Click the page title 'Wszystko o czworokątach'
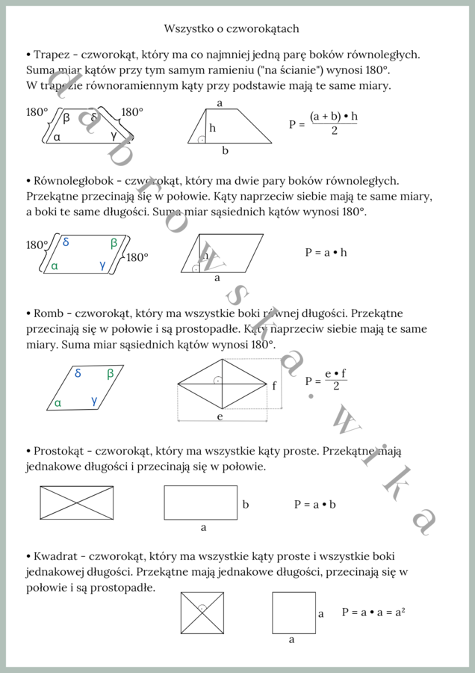click(x=232, y=28)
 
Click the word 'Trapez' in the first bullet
click(x=52, y=55)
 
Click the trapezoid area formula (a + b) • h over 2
click(x=333, y=123)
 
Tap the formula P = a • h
click(x=326, y=253)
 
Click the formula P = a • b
click(x=314, y=505)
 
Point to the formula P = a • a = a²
click(x=373, y=612)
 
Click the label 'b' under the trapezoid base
click(x=225, y=151)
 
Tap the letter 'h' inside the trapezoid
click(x=212, y=129)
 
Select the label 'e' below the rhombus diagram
click(x=220, y=416)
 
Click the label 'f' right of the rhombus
click(x=274, y=386)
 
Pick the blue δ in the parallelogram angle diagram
click(x=66, y=242)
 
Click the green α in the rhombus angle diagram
click(x=57, y=403)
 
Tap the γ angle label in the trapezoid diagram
click(x=113, y=136)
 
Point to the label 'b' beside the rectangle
click(x=245, y=505)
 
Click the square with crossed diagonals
click(x=202, y=613)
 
